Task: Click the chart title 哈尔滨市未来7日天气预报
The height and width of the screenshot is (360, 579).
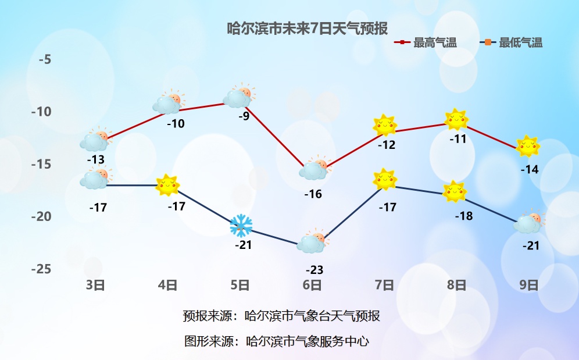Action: coord(307,28)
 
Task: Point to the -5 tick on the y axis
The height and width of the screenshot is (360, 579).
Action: coord(45,59)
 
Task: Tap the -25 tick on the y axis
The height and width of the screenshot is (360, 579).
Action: coord(42,269)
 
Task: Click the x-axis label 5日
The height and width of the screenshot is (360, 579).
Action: coord(240,285)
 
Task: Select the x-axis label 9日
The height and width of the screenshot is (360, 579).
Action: coord(528,285)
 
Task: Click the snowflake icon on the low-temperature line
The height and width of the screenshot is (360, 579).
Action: coord(241,225)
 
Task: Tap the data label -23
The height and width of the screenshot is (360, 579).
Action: coord(314,270)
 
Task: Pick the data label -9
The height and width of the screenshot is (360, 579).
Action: coord(244,116)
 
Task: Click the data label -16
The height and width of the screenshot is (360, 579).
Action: coord(313,194)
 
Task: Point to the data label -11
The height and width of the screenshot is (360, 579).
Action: coord(458,139)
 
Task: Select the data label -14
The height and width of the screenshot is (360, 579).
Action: coord(530,169)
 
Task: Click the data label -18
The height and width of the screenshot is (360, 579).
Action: coord(463,216)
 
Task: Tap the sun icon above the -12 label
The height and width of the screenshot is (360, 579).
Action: coord(384,124)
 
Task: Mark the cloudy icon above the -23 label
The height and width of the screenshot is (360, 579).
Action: coord(312,243)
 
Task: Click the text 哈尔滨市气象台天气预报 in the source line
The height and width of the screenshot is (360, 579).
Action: coord(312,316)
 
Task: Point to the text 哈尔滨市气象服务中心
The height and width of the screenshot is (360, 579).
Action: coord(308,341)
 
